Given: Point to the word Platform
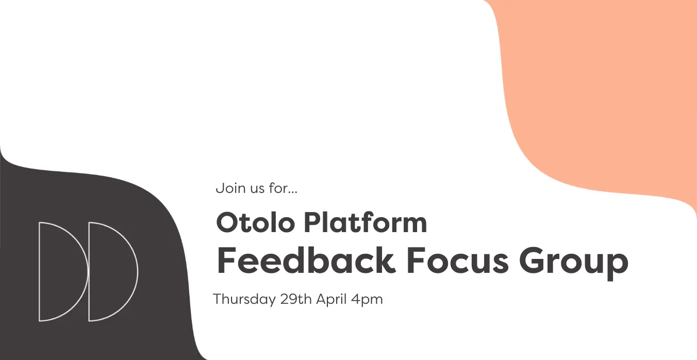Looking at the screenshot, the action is click(x=366, y=222).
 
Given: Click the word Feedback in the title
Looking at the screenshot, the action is click(x=306, y=260).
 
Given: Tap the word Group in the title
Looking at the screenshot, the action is click(x=573, y=264).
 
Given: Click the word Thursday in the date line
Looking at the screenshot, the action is click(x=244, y=300).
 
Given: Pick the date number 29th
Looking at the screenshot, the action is click(x=295, y=299).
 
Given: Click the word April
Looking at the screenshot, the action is click(x=331, y=300).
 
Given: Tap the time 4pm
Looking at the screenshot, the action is click(x=367, y=300).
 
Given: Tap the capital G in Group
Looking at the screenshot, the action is click(x=532, y=260).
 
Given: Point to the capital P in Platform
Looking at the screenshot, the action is click(x=313, y=222).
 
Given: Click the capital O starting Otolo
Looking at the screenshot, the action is click(x=227, y=222).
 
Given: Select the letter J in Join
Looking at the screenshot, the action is click(x=219, y=188).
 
